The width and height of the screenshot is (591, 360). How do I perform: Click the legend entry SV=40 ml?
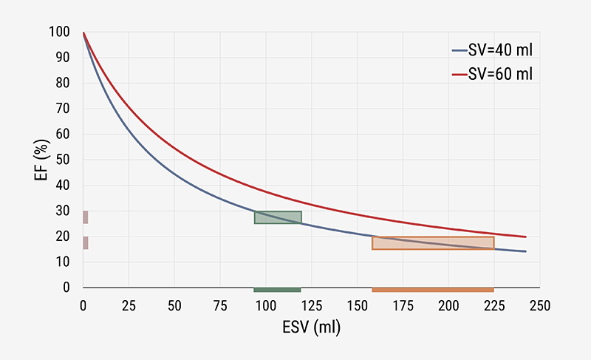pyautogui.click(x=491, y=50)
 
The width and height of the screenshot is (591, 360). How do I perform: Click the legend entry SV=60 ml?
pyautogui.click(x=491, y=74)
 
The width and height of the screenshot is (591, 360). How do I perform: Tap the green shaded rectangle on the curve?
pyautogui.click(x=278, y=217)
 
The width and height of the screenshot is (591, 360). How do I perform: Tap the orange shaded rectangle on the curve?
pyautogui.click(x=433, y=243)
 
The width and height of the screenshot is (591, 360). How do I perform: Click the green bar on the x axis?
pyautogui.click(x=277, y=290)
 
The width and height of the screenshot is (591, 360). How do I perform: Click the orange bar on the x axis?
pyautogui.click(x=433, y=290)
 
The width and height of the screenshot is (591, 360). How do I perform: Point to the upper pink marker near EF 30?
pyautogui.click(x=86, y=217)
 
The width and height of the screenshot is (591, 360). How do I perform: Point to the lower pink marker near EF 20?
pyautogui.click(x=86, y=243)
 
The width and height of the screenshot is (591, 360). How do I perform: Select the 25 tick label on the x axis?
pyautogui.click(x=129, y=305)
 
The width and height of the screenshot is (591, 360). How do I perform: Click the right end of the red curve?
pyautogui.click(x=525, y=237)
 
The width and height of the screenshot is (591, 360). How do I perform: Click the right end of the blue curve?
pyautogui.click(x=525, y=251)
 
